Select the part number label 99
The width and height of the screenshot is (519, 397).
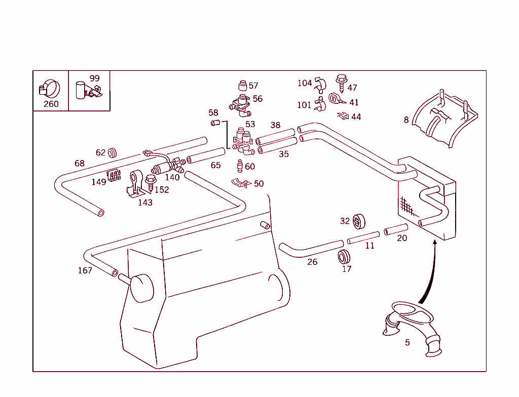94,78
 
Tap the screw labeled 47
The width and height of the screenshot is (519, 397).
341,82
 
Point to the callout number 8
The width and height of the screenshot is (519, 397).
406,120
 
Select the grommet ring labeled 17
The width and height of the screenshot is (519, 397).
346,256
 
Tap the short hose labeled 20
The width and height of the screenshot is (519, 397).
395,229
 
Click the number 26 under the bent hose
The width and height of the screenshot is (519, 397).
312,262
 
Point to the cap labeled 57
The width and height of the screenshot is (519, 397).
242,85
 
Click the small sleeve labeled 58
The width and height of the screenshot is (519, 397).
214,123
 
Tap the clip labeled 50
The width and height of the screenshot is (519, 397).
241,183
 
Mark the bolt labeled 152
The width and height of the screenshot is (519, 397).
150,182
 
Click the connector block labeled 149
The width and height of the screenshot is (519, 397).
114,175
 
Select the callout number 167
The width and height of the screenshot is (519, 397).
85,270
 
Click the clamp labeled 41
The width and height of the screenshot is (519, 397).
335,98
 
